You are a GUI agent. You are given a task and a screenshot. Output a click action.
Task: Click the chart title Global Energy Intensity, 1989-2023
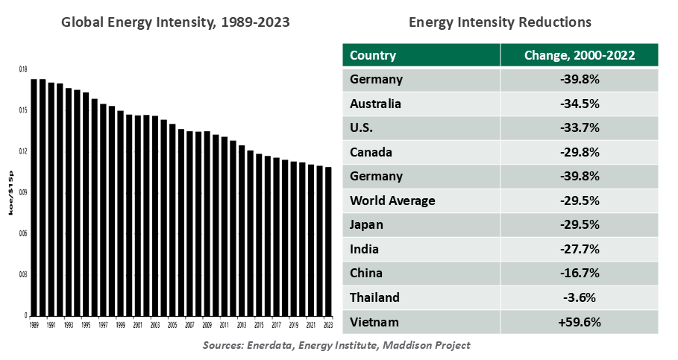point(175,22)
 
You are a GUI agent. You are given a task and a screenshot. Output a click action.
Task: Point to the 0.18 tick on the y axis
point(23,69)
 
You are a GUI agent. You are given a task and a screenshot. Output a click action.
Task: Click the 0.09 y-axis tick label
point(23,192)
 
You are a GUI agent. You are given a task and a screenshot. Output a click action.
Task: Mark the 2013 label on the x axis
point(242,326)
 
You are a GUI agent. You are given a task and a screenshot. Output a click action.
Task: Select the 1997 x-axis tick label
point(103,326)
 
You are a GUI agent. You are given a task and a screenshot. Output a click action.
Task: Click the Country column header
point(372,55)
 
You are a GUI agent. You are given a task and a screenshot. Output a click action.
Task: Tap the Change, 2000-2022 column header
point(579,55)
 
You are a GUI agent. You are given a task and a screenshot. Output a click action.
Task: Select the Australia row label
point(375,104)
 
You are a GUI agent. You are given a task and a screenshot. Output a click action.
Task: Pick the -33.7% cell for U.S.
point(579,127)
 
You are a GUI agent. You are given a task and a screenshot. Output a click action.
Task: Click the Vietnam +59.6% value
point(579,322)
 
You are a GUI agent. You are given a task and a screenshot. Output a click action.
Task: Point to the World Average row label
point(392,200)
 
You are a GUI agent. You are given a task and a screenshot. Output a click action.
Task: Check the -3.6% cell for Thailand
point(579,297)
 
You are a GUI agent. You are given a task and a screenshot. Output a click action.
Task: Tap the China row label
point(366,273)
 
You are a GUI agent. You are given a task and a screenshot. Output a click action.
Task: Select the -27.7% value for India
point(579,249)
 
